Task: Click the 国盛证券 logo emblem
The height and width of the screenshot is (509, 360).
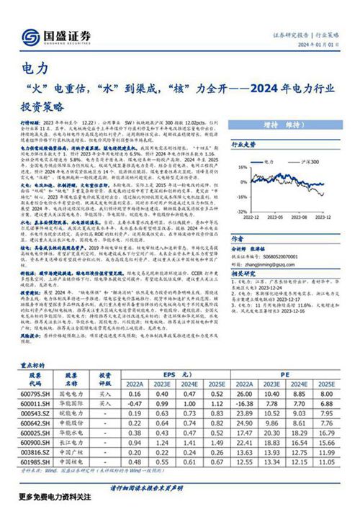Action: (x=30, y=37)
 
